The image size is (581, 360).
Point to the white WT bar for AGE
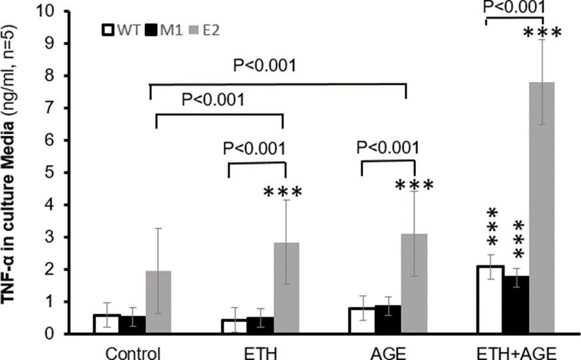tap(362, 321)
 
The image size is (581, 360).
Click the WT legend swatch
tap(106, 30)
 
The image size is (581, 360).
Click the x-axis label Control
tap(133, 351)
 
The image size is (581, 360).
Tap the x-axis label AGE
tap(388, 351)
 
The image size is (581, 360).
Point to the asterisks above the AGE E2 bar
tap(414, 185)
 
